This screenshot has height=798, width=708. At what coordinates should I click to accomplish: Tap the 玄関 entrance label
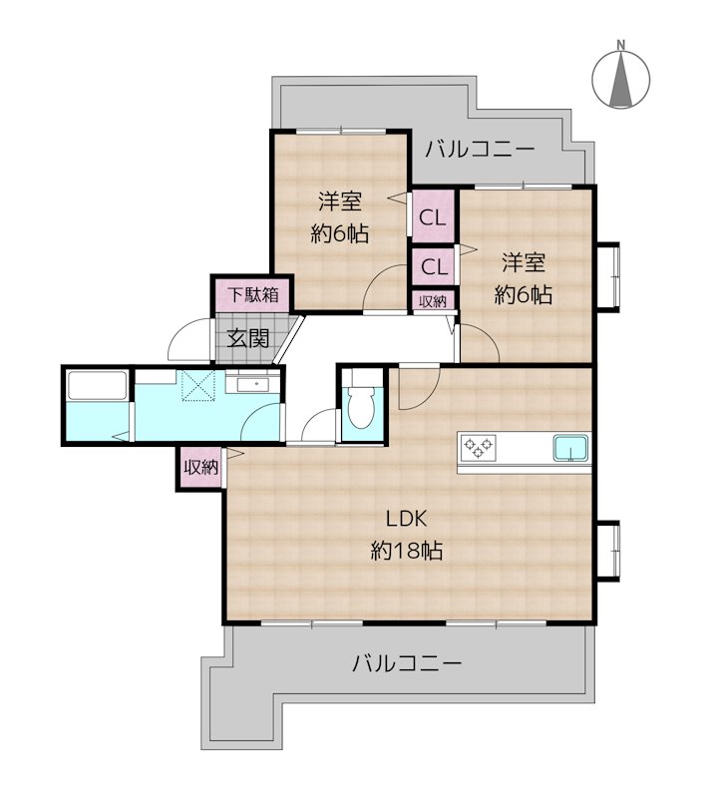[x=247, y=338]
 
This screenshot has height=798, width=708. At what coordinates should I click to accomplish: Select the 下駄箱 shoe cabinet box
[x=249, y=295]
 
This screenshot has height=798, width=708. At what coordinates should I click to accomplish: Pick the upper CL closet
[x=433, y=216]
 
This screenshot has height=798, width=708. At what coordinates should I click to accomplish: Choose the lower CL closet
[x=433, y=266]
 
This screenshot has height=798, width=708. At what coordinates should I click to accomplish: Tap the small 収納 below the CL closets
[x=432, y=300]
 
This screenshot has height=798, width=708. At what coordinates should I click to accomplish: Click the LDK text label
[x=407, y=519]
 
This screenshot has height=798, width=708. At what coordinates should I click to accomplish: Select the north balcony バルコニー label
[x=480, y=151]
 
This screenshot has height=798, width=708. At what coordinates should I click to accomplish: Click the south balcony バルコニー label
[x=407, y=663]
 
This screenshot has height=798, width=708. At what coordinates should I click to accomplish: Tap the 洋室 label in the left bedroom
[x=340, y=201]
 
